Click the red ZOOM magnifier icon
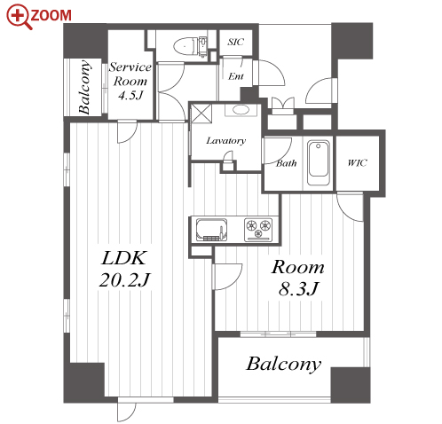click(20, 17)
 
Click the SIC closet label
click(235, 42)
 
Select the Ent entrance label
click(236, 76)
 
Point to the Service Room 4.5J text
click(130, 81)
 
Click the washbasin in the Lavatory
click(241, 110)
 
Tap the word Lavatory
click(225, 141)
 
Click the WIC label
click(357, 162)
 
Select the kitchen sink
click(211, 230)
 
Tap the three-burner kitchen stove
click(258, 230)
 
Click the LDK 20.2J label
click(124, 269)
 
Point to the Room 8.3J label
click(298, 278)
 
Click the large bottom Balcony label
click(283, 364)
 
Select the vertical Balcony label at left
click(84, 87)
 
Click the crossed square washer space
click(201, 113)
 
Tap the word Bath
click(286, 163)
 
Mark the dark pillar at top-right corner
click(352, 41)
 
